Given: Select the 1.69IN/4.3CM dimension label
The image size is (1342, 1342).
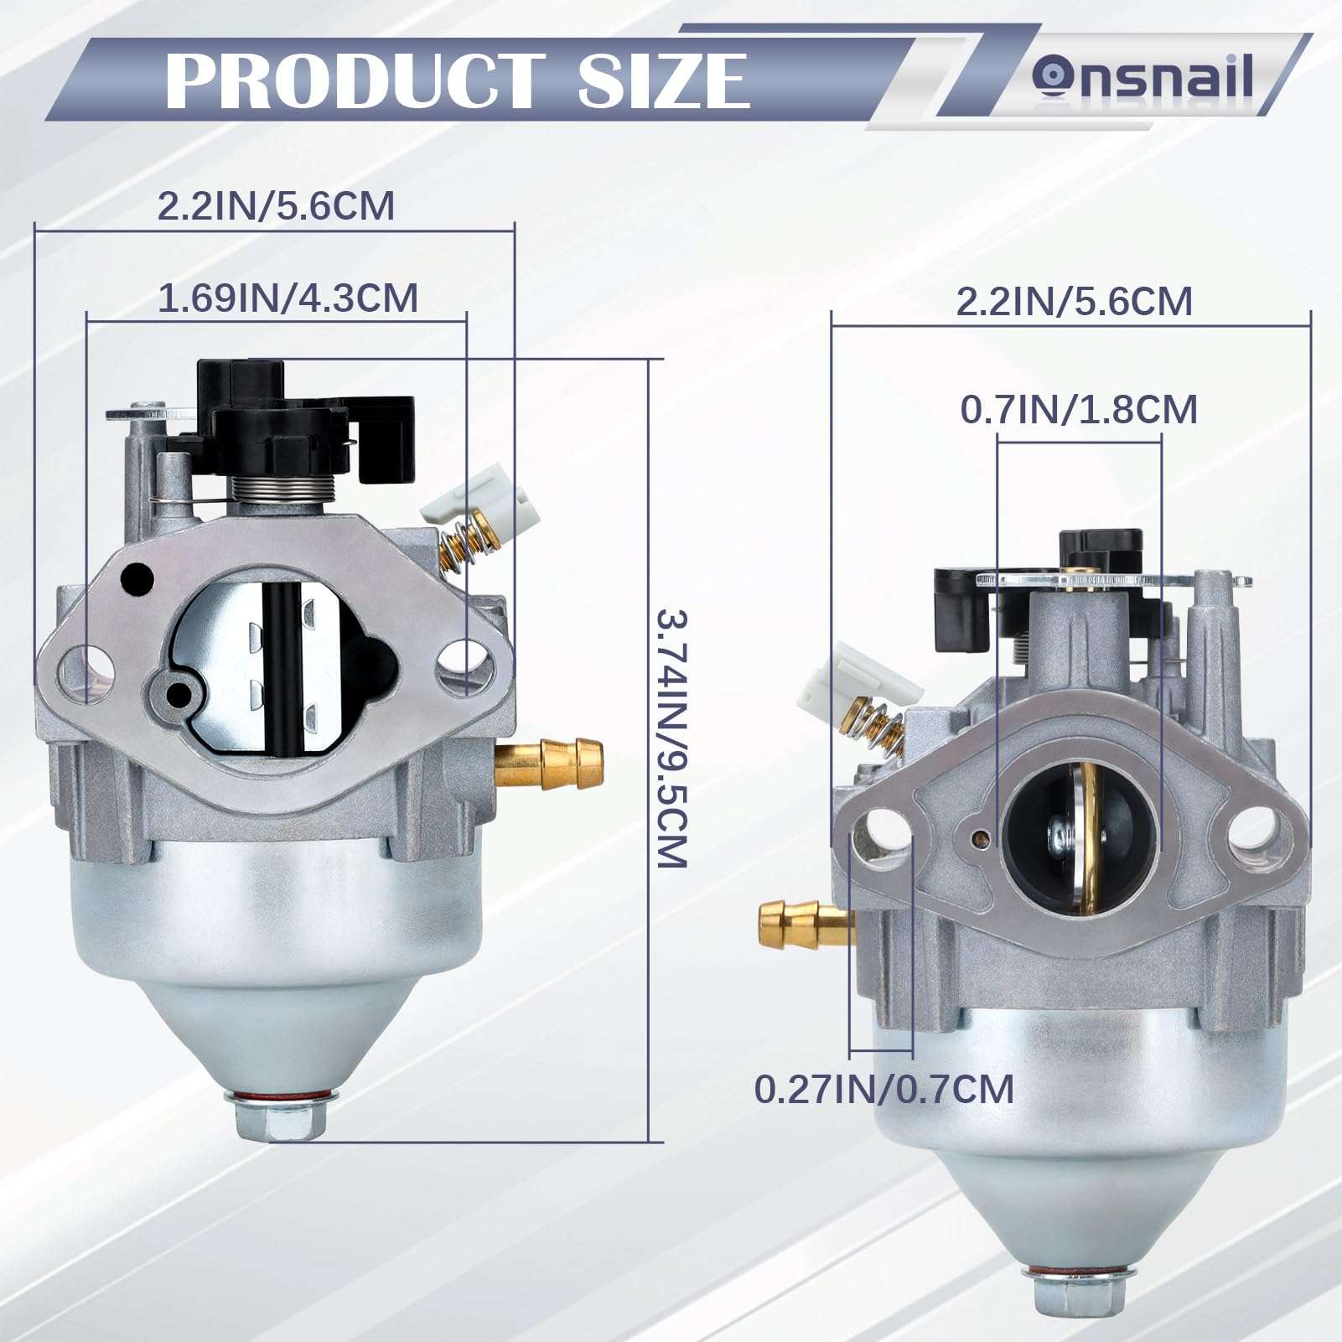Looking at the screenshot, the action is (288, 298).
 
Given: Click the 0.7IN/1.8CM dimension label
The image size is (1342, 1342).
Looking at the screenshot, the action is (1079, 410).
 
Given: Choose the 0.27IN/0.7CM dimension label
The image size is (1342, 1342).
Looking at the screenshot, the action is (884, 1089).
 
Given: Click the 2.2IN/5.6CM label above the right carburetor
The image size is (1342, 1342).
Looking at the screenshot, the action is (1075, 301).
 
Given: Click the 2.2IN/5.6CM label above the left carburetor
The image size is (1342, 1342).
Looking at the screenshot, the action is (276, 206).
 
